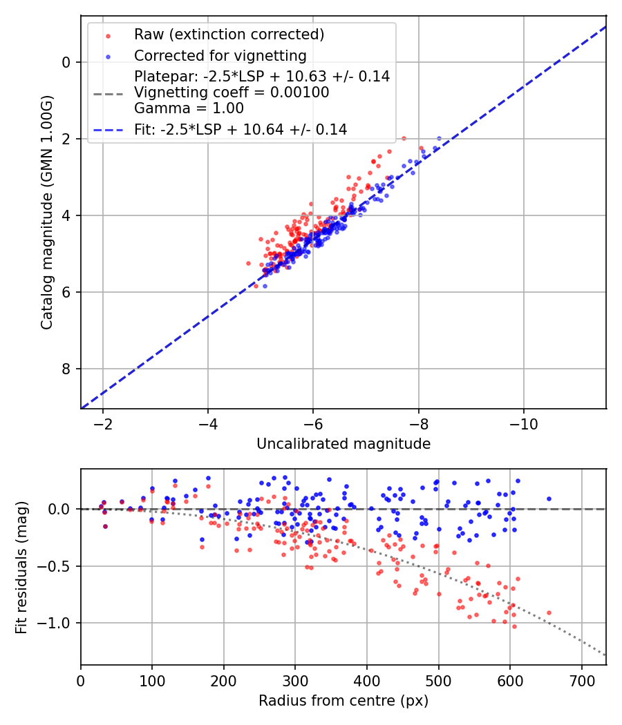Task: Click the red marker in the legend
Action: click(108, 35)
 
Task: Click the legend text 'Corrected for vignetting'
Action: click(220, 55)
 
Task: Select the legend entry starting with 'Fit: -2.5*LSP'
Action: click(241, 129)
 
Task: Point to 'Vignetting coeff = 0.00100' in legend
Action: click(232, 93)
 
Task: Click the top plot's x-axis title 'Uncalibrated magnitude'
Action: click(343, 444)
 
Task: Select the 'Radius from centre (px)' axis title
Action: click(343, 701)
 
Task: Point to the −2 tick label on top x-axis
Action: click(103, 423)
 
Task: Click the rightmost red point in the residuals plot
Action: click(549, 612)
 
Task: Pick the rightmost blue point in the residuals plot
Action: click(549, 499)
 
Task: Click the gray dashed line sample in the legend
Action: click(108, 93)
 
